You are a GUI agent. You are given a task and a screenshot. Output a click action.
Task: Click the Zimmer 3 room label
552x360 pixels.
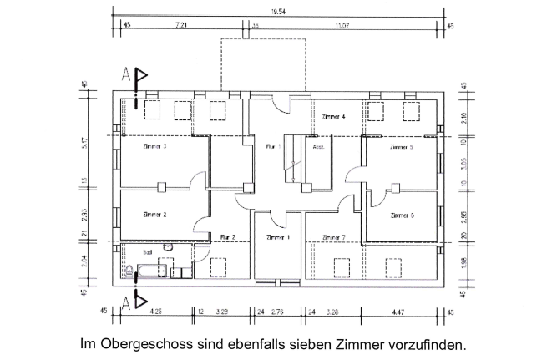tap(154, 147)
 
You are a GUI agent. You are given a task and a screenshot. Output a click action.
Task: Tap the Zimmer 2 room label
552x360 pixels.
tap(154, 215)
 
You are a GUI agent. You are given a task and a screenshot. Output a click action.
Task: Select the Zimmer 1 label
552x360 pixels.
tap(277, 238)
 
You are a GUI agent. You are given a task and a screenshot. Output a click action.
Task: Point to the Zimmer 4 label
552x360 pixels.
tap(332, 117)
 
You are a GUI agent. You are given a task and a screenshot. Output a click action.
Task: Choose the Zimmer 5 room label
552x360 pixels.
tap(401, 147)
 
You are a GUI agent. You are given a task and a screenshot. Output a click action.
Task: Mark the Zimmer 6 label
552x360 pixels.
tap(402, 215)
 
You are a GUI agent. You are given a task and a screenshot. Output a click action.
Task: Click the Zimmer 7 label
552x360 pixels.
tap(333, 238)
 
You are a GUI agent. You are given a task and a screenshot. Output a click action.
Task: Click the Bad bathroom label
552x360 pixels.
tap(147, 250)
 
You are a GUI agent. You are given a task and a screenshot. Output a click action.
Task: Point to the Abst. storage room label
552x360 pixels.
tap(318, 147)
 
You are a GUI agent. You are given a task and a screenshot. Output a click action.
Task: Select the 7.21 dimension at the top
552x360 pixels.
tap(180, 27)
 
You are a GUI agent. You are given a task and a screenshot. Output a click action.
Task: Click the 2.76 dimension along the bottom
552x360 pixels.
tap(279, 311)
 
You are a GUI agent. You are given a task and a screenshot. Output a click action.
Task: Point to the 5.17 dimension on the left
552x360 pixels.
tap(84, 144)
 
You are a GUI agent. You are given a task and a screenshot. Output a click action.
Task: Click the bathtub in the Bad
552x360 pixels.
tap(145, 271)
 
